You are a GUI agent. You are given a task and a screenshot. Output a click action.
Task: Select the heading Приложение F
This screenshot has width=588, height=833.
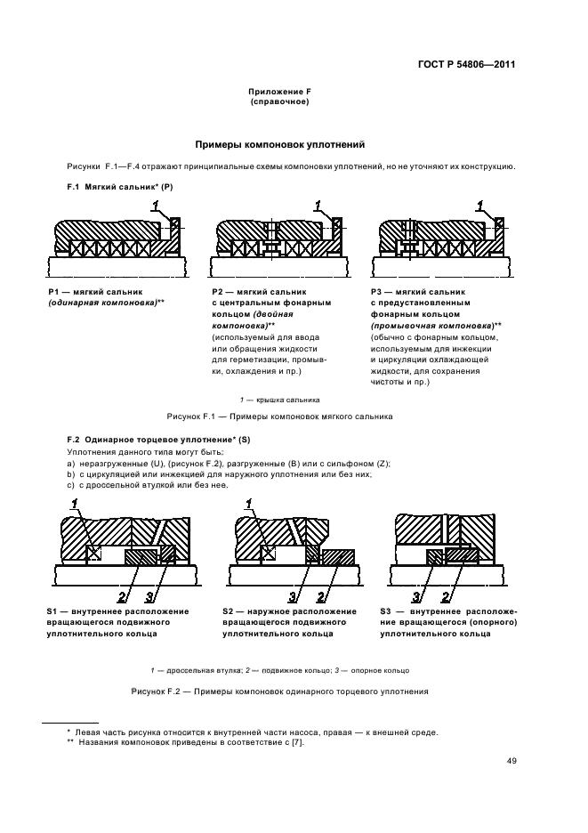tap(279, 93)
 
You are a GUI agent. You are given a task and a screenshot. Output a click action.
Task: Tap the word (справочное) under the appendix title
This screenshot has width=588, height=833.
tap(279, 102)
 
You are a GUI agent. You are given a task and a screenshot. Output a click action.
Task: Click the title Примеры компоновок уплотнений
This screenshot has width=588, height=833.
tap(279, 144)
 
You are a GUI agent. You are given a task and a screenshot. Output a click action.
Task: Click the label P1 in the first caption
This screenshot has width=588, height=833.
tap(52, 292)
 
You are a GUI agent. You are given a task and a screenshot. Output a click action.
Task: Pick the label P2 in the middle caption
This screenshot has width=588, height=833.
tap(217, 292)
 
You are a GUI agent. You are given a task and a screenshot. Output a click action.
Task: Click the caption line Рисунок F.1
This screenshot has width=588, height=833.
tap(279, 416)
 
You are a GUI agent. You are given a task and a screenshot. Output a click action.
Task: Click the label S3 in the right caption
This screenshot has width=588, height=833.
tap(386, 612)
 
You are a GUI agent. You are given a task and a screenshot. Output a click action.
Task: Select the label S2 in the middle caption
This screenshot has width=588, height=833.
tap(228, 612)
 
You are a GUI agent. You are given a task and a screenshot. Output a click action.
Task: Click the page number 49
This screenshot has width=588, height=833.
tap(512, 760)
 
